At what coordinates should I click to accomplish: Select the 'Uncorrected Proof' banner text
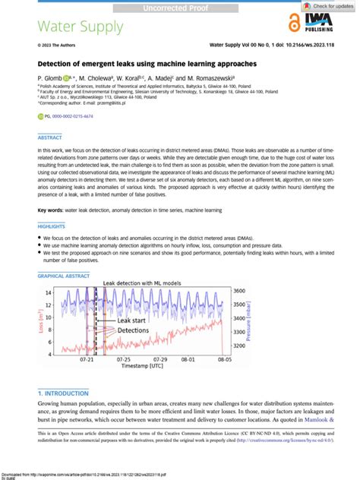(180, 8)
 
